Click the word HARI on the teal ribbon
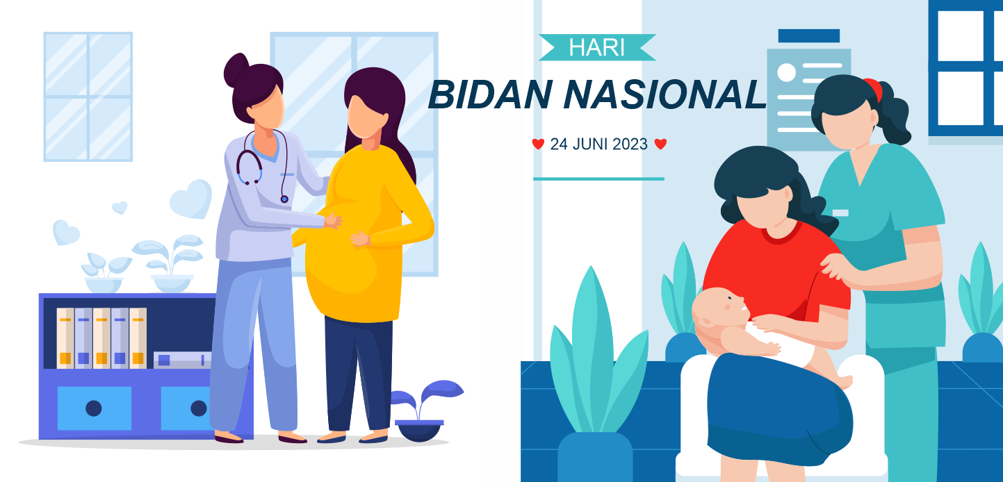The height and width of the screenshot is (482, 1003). click(596, 47)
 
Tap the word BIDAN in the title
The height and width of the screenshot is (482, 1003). click(490, 94)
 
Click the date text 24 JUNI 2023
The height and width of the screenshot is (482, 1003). click(598, 144)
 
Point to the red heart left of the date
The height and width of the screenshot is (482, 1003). click(538, 144)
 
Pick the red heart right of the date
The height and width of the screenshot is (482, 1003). click(660, 144)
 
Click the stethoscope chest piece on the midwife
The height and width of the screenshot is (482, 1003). click(284, 199)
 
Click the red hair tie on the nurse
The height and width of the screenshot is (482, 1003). click(874, 89)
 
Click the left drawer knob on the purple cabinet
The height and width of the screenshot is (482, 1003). click(94, 408)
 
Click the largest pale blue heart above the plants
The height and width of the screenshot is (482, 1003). click(191, 199)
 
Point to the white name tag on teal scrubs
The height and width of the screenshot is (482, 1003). click(840, 213)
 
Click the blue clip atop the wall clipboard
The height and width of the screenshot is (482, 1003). click(808, 36)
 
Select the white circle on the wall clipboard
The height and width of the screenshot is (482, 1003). click(786, 72)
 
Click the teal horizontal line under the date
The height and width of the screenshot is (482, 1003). click(598, 179)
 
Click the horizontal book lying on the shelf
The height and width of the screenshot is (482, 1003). click(182, 360)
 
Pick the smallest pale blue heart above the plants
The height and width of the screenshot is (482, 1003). click(120, 207)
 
